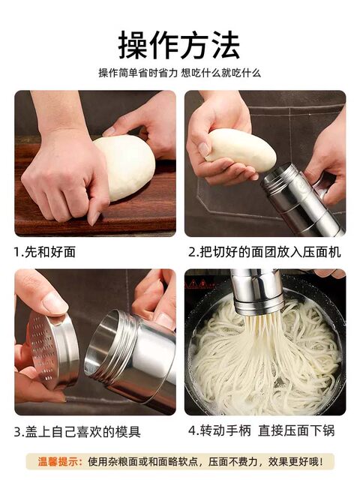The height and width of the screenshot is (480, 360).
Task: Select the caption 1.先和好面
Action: point(45,252)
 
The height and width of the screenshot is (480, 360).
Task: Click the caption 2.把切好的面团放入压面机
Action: point(265,252)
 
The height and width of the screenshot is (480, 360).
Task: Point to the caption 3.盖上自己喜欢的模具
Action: point(77,431)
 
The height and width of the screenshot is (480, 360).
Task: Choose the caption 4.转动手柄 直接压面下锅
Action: point(265,431)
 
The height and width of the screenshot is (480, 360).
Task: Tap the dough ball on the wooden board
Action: point(124,166)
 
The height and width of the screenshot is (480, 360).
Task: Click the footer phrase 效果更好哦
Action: point(297,461)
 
